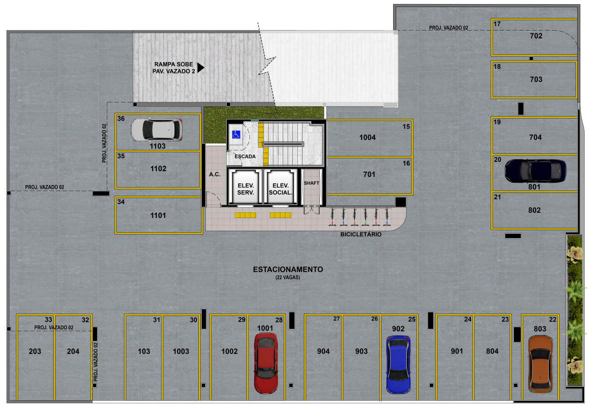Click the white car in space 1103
(157, 130)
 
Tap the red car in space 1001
(266, 363)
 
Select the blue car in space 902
(398, 365)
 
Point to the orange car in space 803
(540, 364)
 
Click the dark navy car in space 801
(535, 171)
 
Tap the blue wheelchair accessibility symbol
(236, 135)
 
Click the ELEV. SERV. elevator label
(246, 189)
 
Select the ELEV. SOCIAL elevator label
(281, 189)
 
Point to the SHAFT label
(312, 183)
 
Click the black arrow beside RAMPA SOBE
(201, 68)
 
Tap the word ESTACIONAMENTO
(288, 269)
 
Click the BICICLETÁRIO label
(361, 234)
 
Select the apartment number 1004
(367, 137)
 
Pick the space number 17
(497, 24)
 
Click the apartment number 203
(35, 351)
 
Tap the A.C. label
(215, 174)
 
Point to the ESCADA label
(245, 156)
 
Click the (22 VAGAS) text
(288, 277)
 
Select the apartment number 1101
(158, 215)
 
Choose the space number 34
(121, 202)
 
